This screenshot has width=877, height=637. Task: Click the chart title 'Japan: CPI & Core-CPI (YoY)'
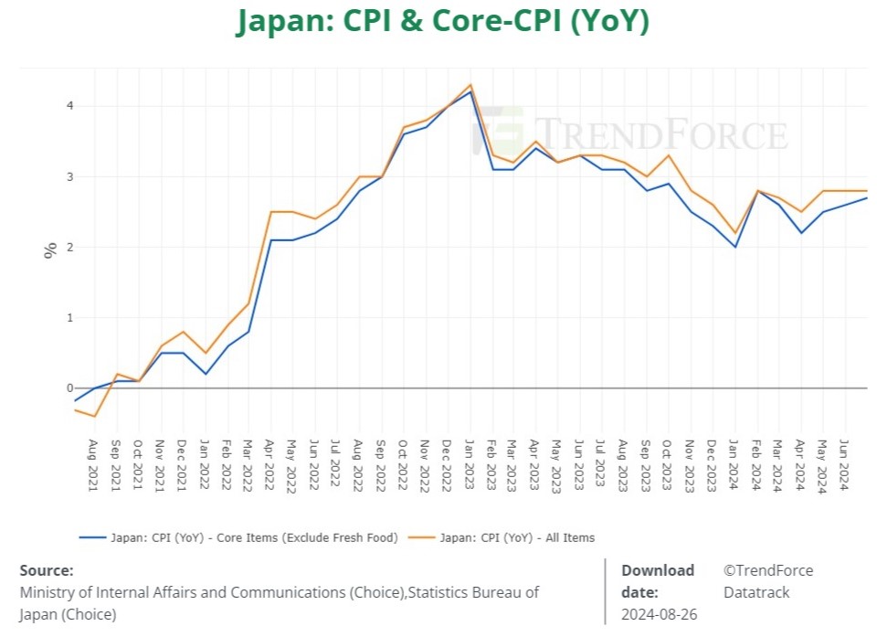click(x=442, y=21)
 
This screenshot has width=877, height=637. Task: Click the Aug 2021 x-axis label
click(x=93, y=467)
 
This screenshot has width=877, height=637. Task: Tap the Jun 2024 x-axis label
click(x=843, y=467)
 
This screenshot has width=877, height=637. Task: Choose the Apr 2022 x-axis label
click(x=270, y=467)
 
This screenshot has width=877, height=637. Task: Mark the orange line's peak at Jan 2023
click(x=470, y=84)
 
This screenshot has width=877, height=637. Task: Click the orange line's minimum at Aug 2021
click(x=93, y=417)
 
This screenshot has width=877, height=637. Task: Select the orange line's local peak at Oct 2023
click(x=670, y=155)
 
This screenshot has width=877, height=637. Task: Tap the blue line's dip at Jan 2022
click(x=205, y=374)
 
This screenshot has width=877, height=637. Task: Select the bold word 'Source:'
click(x=47, y=570)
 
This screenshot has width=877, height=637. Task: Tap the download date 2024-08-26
click(x=659, y=614)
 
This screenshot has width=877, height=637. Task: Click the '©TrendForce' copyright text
click(x=767, y=570)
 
